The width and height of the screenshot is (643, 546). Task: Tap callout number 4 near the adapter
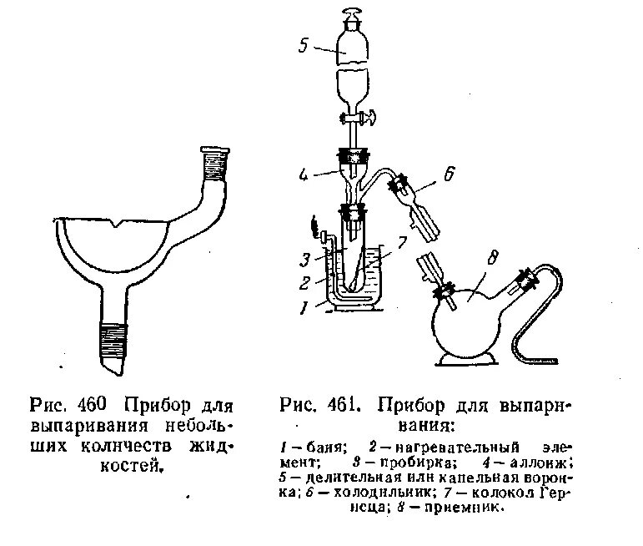[x=306, y=176]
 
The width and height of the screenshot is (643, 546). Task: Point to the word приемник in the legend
[x=463, y=507]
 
